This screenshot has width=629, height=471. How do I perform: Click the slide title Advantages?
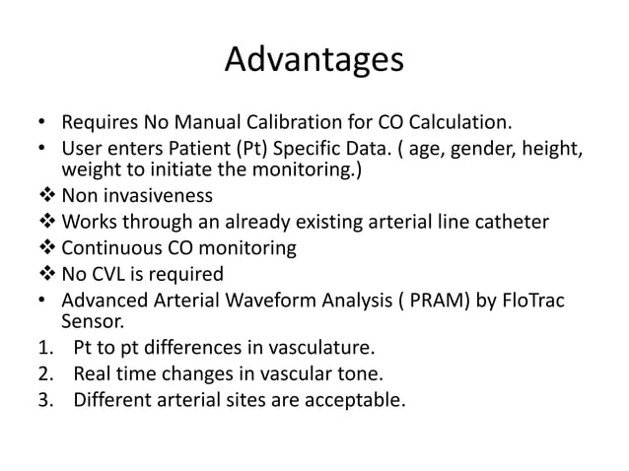pos(314,60)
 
